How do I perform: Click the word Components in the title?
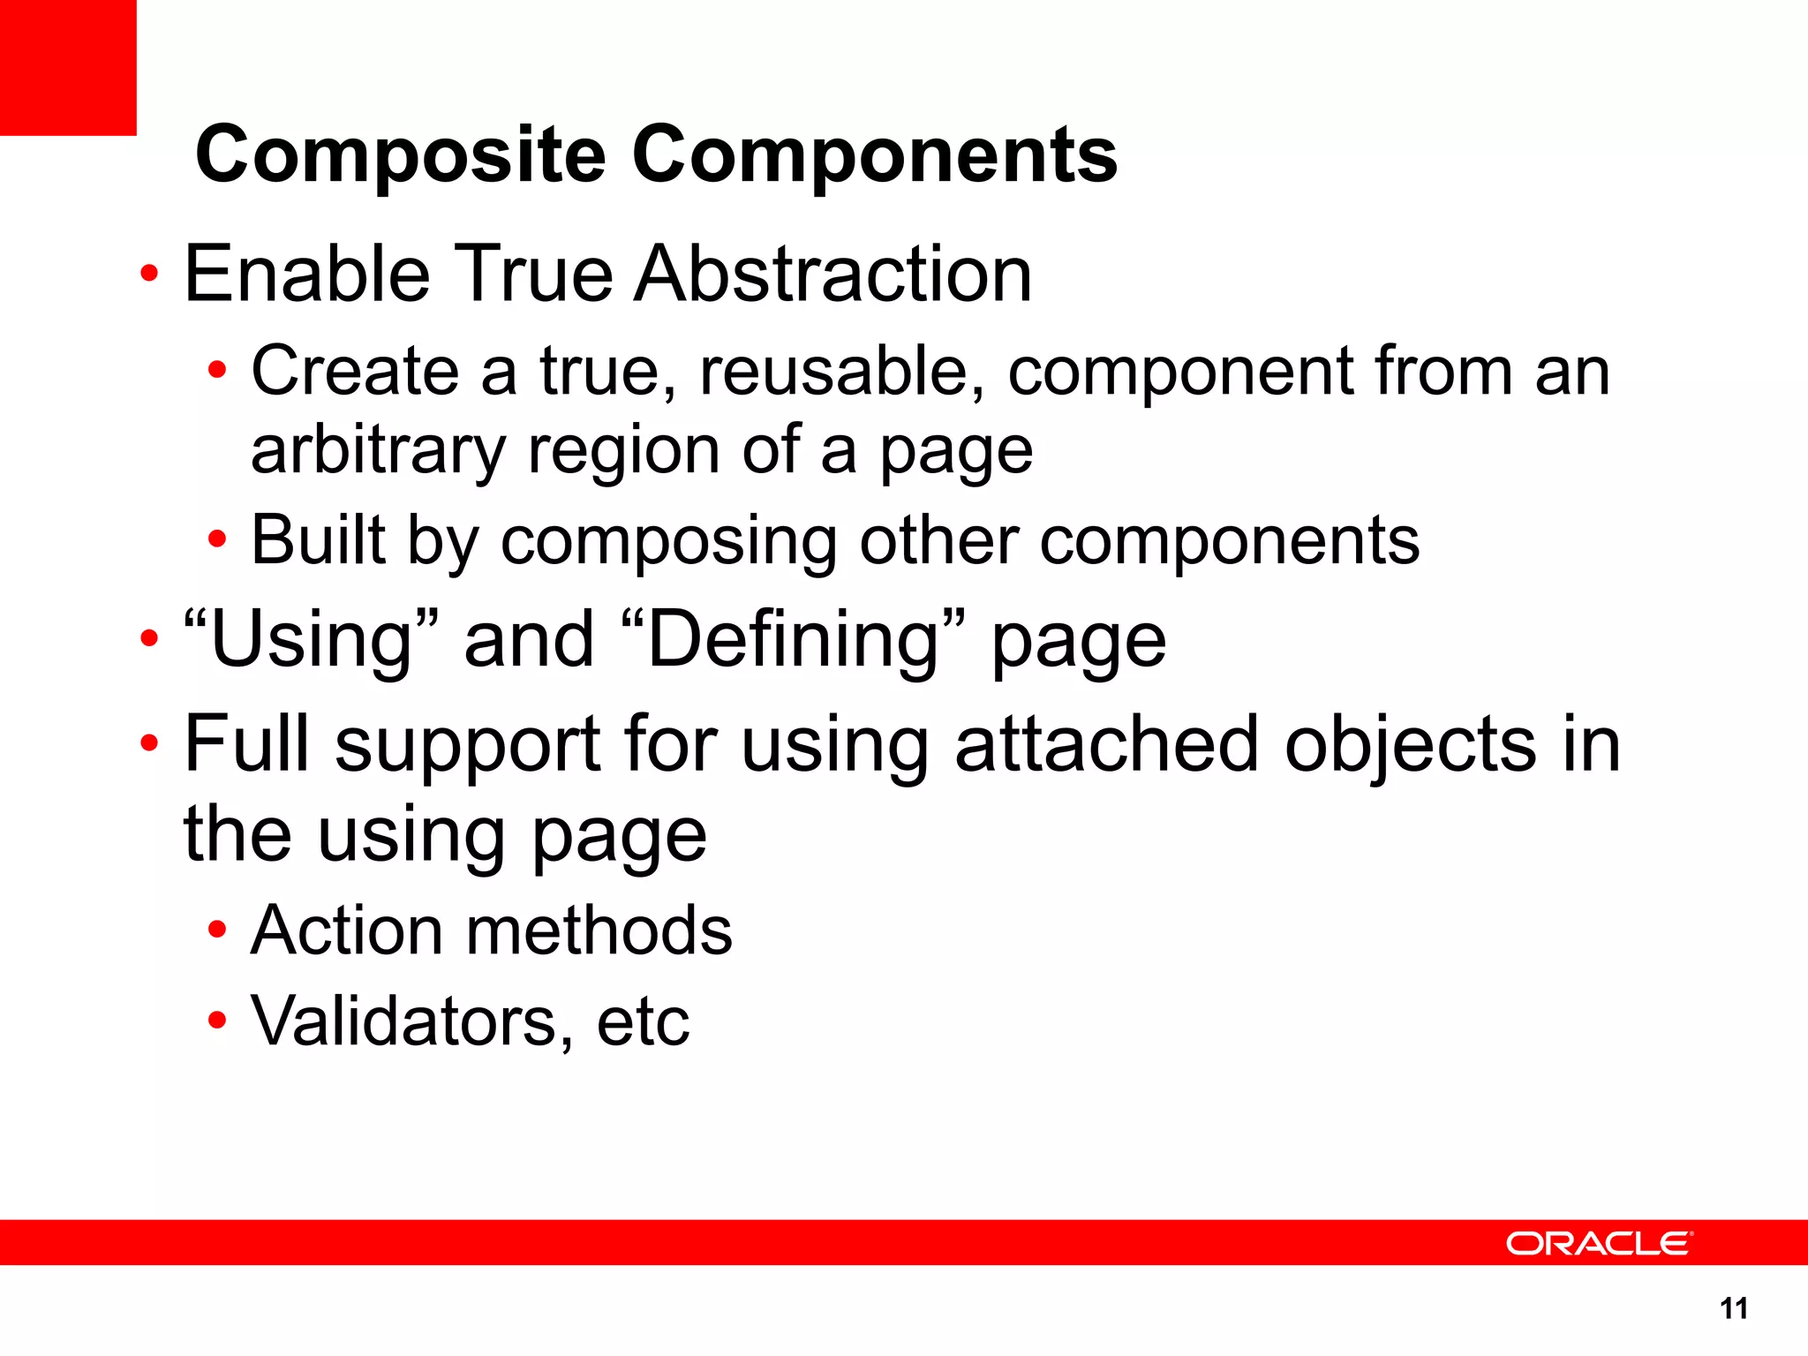pyautogui.click(x=875, y=155)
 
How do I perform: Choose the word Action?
pyautogui.click(x=346, y=930)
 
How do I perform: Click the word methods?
pyautogui.click(x=599, y=930)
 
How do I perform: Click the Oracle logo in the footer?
pyautogui.click(x=1599, y=1243)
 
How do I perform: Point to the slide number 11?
pyautogui.click(x=1734, y=1308)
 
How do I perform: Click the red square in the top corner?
pyautogui.click(x=68, y=67)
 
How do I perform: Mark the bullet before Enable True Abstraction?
pyautogui.click(x=149, y=274)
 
